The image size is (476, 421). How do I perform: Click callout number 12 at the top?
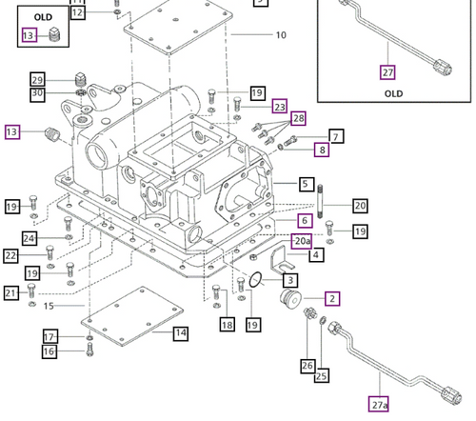pos(78,13)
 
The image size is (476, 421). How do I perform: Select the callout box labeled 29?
pos(37,79)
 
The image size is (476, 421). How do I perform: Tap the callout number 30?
pos(37,93)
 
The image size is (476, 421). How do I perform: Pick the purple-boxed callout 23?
pos(279,106)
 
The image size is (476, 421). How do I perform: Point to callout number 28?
pos(299,119)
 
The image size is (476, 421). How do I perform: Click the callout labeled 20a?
pos(302,242)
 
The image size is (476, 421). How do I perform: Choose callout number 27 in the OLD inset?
pos(387,71)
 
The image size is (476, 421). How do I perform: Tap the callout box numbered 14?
pos(181,332)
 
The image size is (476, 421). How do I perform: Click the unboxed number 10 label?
pos(280,35)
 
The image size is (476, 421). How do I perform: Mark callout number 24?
pos(30,238)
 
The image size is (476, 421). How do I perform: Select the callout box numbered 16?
pos(49,351)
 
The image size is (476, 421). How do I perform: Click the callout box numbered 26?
pos(306,364)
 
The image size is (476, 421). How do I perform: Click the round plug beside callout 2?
pos(285,304)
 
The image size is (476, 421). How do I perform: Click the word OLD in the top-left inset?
pos(44,17)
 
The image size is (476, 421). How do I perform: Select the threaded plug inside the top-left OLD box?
pos(55,36)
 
